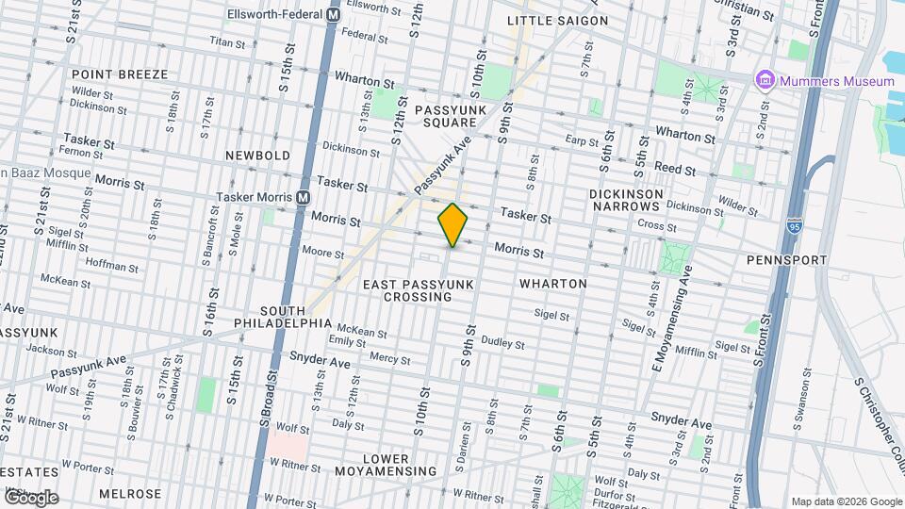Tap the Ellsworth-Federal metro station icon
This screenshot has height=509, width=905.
click(333, 15)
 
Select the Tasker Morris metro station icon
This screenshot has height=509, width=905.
click(303, 197)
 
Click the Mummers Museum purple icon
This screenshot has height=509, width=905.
click(764, 82)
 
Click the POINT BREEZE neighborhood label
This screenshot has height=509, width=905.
click(119, 74)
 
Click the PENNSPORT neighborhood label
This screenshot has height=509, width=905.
click(786, 259)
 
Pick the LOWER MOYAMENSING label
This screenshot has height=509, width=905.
click(399, 465)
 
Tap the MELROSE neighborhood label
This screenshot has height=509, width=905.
click(129, 494)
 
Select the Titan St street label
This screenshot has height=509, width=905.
click(226, 42)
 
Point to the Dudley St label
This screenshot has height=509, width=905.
click(502, 343)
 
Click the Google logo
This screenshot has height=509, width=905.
click(30, 498)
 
